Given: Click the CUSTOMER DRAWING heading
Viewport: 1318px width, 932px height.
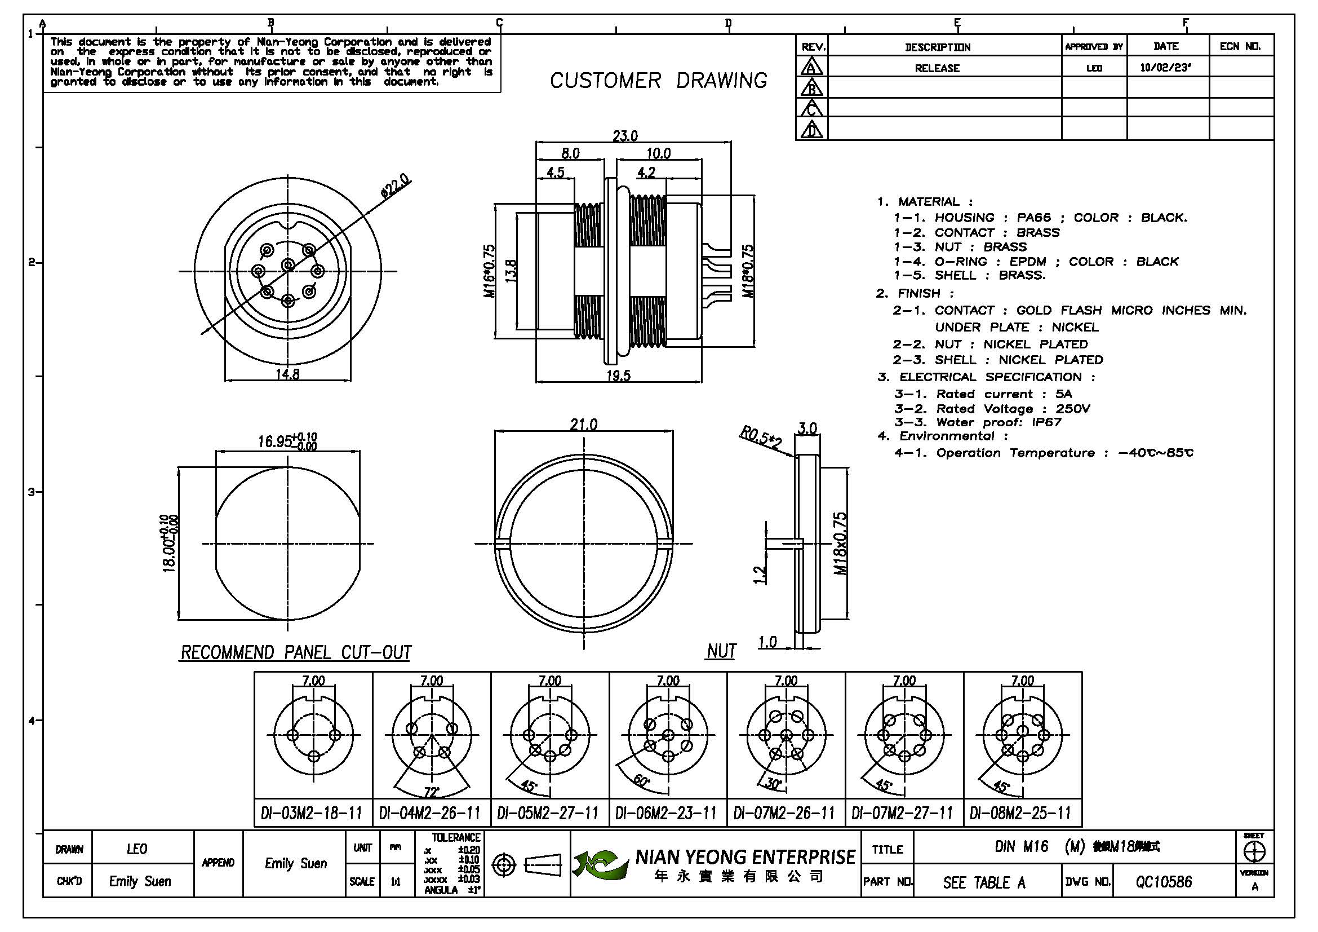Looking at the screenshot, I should tap(658, 81).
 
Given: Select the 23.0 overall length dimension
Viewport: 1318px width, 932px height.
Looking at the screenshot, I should tap(625, 136).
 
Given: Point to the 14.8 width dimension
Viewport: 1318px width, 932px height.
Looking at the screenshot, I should tap(287, 374).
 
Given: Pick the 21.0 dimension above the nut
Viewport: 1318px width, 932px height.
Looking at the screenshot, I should tap(583, 425).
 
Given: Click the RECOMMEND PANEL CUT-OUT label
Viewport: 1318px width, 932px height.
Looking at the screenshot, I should tap(296, 653).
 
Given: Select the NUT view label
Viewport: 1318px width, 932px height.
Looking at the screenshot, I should tap(721, 651).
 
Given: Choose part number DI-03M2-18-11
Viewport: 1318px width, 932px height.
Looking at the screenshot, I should tap(312, 813).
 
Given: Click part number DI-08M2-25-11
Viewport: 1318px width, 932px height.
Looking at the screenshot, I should tap(1020, 813).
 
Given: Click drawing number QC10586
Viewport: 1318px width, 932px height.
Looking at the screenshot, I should tap(1164, 882).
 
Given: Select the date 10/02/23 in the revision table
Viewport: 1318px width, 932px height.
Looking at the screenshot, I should tap(1165, 67).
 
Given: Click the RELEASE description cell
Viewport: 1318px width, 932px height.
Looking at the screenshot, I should tap(937, 68).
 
